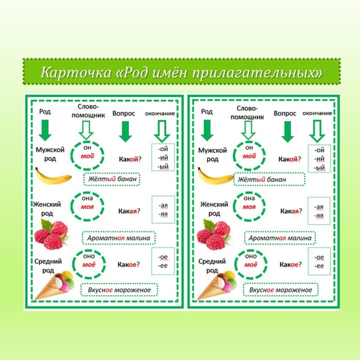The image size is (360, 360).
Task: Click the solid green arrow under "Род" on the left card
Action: click(x=45, y=130)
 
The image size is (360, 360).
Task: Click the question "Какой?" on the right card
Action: click(x=289, y=159)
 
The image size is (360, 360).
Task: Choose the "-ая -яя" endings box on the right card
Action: click(x=319, y=211)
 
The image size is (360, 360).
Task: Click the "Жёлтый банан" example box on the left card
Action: click(x=112, y=179)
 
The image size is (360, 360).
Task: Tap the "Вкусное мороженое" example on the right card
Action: click(x=281, y=290)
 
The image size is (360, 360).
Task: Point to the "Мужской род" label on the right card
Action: click(x=212, y=155)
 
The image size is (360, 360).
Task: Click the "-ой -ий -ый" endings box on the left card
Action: click(x=162, y=158)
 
